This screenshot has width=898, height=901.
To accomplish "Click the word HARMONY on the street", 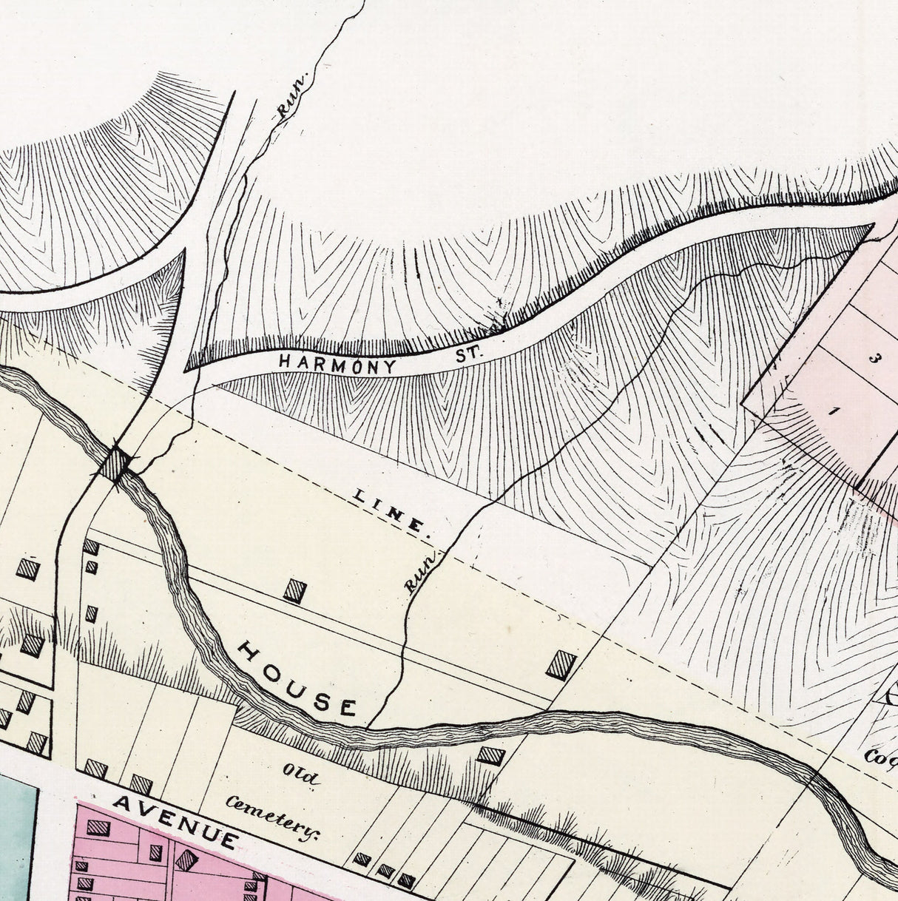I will pyautogui.click(x=337, y=363).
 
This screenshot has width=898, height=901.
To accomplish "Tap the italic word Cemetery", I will pyautogui.click(x=272, y=817).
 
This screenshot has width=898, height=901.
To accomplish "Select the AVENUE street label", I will pyautogui.click(x=176, y=821).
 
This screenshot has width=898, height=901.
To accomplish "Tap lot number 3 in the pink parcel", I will pyautogui.click(x=874, y=359).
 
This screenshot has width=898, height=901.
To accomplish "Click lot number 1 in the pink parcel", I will pyautogui.click(x=832, y=412).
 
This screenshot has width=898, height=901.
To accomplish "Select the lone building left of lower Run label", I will pyautogui.click(x=294, y=590).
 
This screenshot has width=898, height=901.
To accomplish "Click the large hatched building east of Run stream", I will pyautogui.click(x=561, y=664).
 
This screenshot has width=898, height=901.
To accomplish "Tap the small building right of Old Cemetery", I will pyautogui.click(x=490, y=755).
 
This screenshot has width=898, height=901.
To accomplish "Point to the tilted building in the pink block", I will pyautogui.click(x=186, y=860).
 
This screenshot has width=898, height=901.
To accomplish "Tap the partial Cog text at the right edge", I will pyautogui.click(x=880, y=756).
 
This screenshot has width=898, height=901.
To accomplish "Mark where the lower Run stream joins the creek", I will pyautogui.click(x=368, y=726).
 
